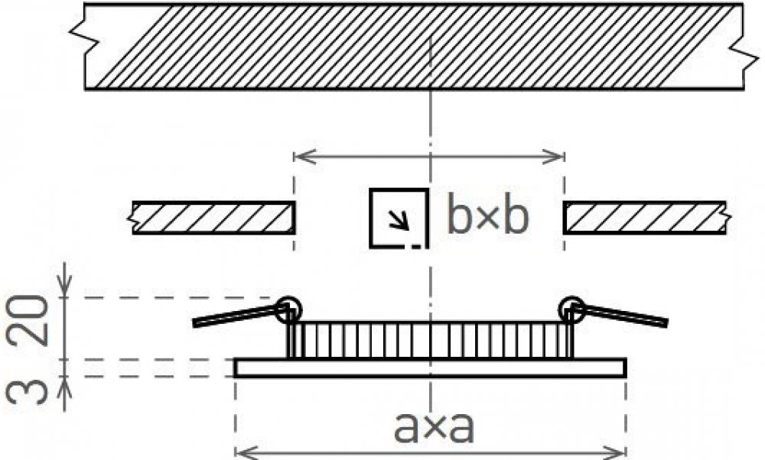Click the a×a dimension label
click(x=433, y=427)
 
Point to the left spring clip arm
click(x=236, y=316)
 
